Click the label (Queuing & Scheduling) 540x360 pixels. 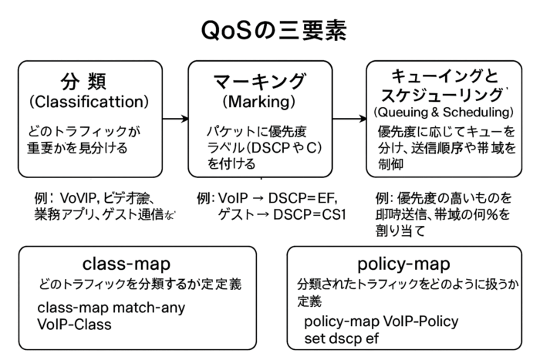click(x=443, y=113)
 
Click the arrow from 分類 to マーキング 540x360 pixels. click(x=176, y=119)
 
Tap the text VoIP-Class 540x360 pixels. click(x=74, y=325)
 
